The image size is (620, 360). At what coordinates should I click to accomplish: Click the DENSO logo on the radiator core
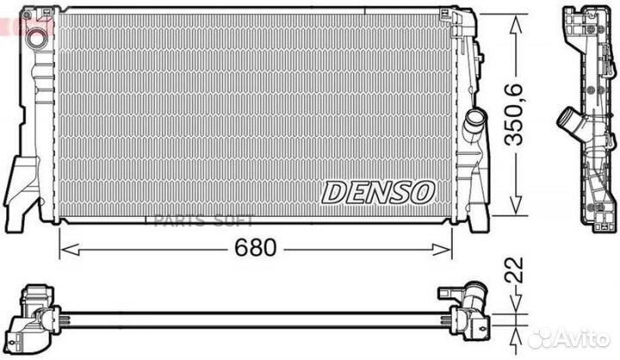378,193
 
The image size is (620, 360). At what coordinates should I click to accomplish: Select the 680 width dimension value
257,249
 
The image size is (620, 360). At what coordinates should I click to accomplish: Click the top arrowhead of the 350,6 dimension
514,16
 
